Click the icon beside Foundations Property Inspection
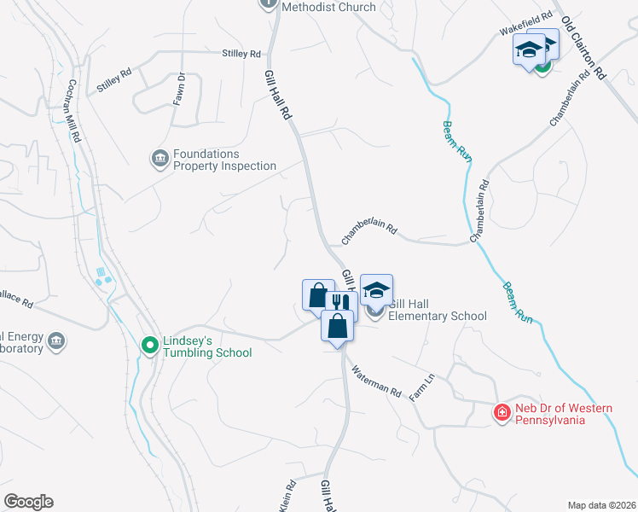(159, 159)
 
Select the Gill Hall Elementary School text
(437, 310)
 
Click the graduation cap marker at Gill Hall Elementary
(376, 289)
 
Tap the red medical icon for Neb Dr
(502, 414)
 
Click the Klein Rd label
(287, 495)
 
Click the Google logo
(28, 502)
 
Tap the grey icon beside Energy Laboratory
(56, 341)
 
